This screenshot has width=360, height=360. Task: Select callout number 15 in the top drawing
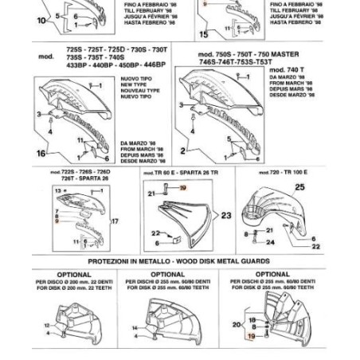coord(205,34)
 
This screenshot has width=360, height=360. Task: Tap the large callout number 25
coord(299,187)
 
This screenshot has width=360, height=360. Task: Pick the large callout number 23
coord(226,216)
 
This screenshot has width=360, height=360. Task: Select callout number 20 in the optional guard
coord(235,324)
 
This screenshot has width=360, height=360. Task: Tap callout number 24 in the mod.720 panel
coord(293,244)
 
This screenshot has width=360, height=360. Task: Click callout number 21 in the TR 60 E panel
coord(151,194)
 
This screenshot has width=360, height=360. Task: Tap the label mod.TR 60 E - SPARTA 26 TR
coord(178,171)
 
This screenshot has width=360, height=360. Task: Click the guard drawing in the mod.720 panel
coord(276,211)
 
